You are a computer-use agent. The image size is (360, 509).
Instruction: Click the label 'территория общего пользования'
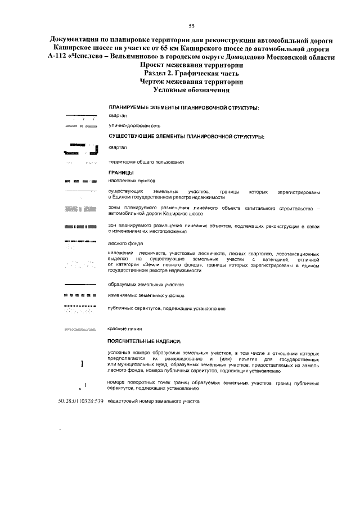click(146, 162)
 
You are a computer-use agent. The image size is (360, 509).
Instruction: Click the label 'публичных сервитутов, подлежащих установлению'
click(167, 309)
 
